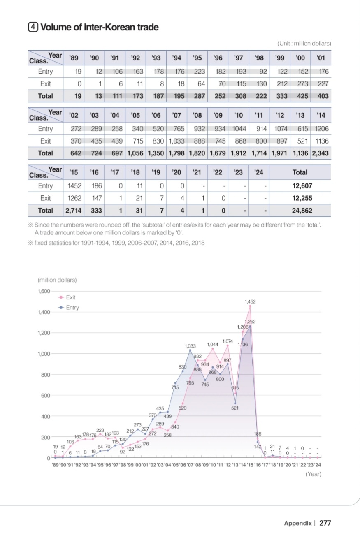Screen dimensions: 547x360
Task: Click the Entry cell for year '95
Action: (200, 71)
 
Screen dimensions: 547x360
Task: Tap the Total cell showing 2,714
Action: (73, 210)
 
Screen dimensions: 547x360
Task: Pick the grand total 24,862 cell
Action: (302, 210)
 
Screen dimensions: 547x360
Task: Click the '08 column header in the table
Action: (199, 115)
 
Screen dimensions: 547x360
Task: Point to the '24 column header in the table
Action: (259, 172)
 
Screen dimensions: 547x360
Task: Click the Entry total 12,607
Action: (302, 186)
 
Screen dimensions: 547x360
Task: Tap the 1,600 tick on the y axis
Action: (43, 291)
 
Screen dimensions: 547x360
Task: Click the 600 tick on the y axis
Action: (45, 395)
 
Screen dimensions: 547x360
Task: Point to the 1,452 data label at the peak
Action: (250, 301)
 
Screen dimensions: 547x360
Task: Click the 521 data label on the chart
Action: (235, 408)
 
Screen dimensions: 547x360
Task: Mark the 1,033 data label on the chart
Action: (190, 346)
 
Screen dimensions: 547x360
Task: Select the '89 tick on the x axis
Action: (55, 465)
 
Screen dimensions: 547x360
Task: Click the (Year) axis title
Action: (313, 474)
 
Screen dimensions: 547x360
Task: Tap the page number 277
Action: (325, 523)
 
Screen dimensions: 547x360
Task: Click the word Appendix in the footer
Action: (297, 523)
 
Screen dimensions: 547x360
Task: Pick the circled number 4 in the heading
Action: (32, 27)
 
